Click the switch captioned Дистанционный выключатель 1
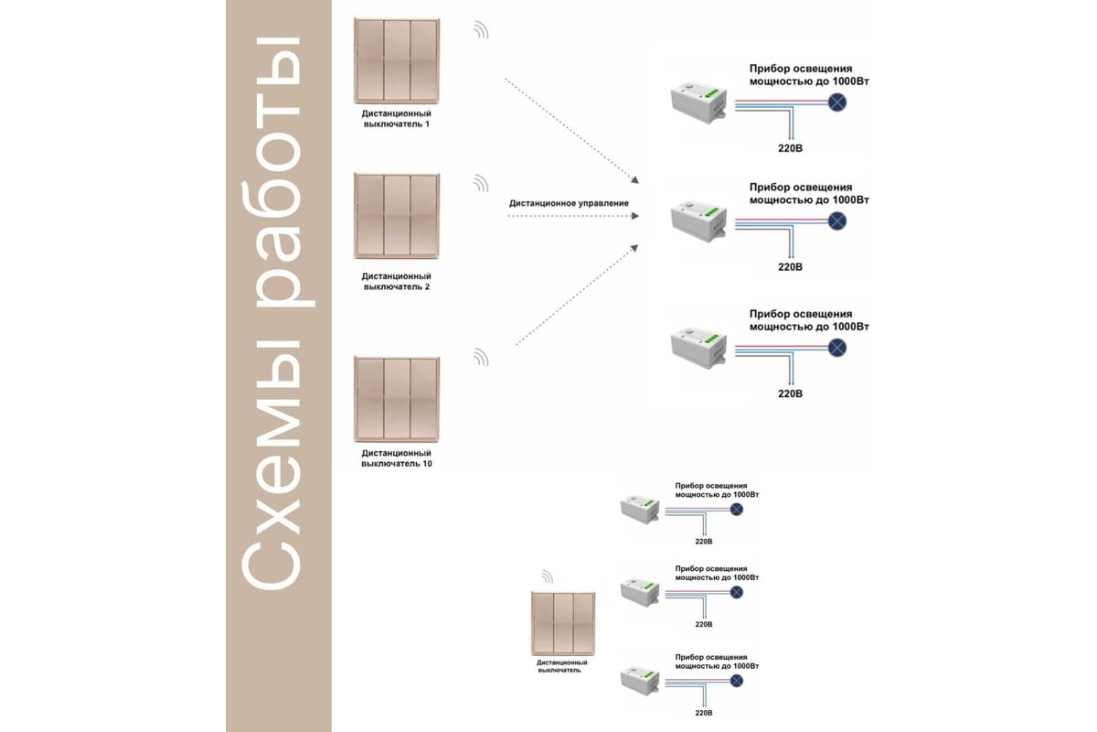(x=397, y=61)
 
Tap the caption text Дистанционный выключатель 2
(x=396, y=281)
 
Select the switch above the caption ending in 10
(x=397, y=399)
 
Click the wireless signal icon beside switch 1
(x=481, y=30)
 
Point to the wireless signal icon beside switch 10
(x=481, y=357)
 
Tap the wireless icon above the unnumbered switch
(x=547, y=576)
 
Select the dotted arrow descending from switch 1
(x=570, y=129)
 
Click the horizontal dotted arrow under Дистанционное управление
(x=571, y=217)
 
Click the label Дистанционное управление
(x=568, y=202)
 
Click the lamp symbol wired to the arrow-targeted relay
(x=836, y=221)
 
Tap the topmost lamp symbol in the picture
(x=836, y=102)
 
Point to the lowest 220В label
(x=703, y=712)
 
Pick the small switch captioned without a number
(x=563, y=624)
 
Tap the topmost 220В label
(x=790, y=147)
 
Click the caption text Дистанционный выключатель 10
(x=396, y=458)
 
